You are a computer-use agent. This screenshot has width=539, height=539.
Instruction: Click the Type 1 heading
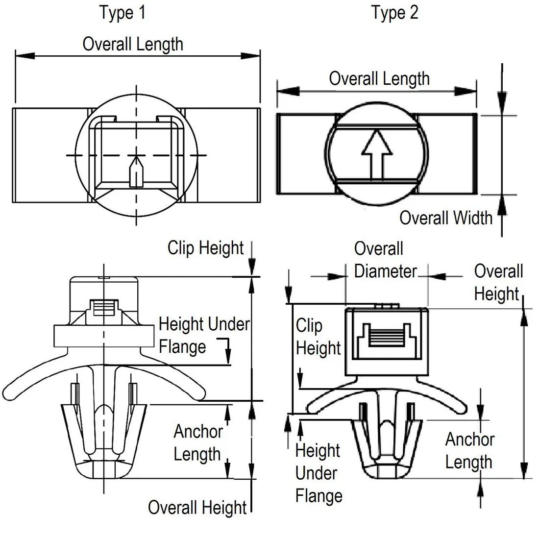(x=122, y=12)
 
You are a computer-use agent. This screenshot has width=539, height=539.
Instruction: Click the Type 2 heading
(x=395, y=12)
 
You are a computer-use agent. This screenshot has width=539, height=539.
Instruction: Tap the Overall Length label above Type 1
(x=133, y=44)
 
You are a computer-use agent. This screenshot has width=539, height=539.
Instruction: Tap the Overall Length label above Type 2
(x=379, y=78)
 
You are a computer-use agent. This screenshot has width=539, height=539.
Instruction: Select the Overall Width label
(x=445, y=217)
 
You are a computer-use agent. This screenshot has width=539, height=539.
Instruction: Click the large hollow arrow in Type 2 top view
(x=376, y=152)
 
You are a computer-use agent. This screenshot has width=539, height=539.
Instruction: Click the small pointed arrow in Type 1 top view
(x=136, y=171)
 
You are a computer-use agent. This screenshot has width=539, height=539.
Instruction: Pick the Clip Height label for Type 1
(x=205, y=247)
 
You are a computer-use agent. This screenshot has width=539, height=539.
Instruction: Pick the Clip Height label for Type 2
(x=318, y=337)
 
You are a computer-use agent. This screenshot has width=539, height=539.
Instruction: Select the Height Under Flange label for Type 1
(x=203, y=335)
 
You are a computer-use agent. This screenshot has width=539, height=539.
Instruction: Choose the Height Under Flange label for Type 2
(x=318, y=473)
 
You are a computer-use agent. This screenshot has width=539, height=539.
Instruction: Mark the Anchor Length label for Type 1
(x=198, y=442)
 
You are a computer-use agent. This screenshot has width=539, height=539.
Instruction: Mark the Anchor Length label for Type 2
(x=469, y=451)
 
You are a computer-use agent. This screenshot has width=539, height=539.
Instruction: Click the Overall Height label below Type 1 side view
(x=197, y=508)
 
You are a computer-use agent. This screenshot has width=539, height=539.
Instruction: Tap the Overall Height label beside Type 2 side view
(x=498, y=282)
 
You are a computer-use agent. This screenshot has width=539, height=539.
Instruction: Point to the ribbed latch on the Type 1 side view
(x=103, y=309)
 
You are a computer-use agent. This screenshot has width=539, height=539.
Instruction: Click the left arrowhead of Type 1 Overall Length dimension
(x=24, y=55)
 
